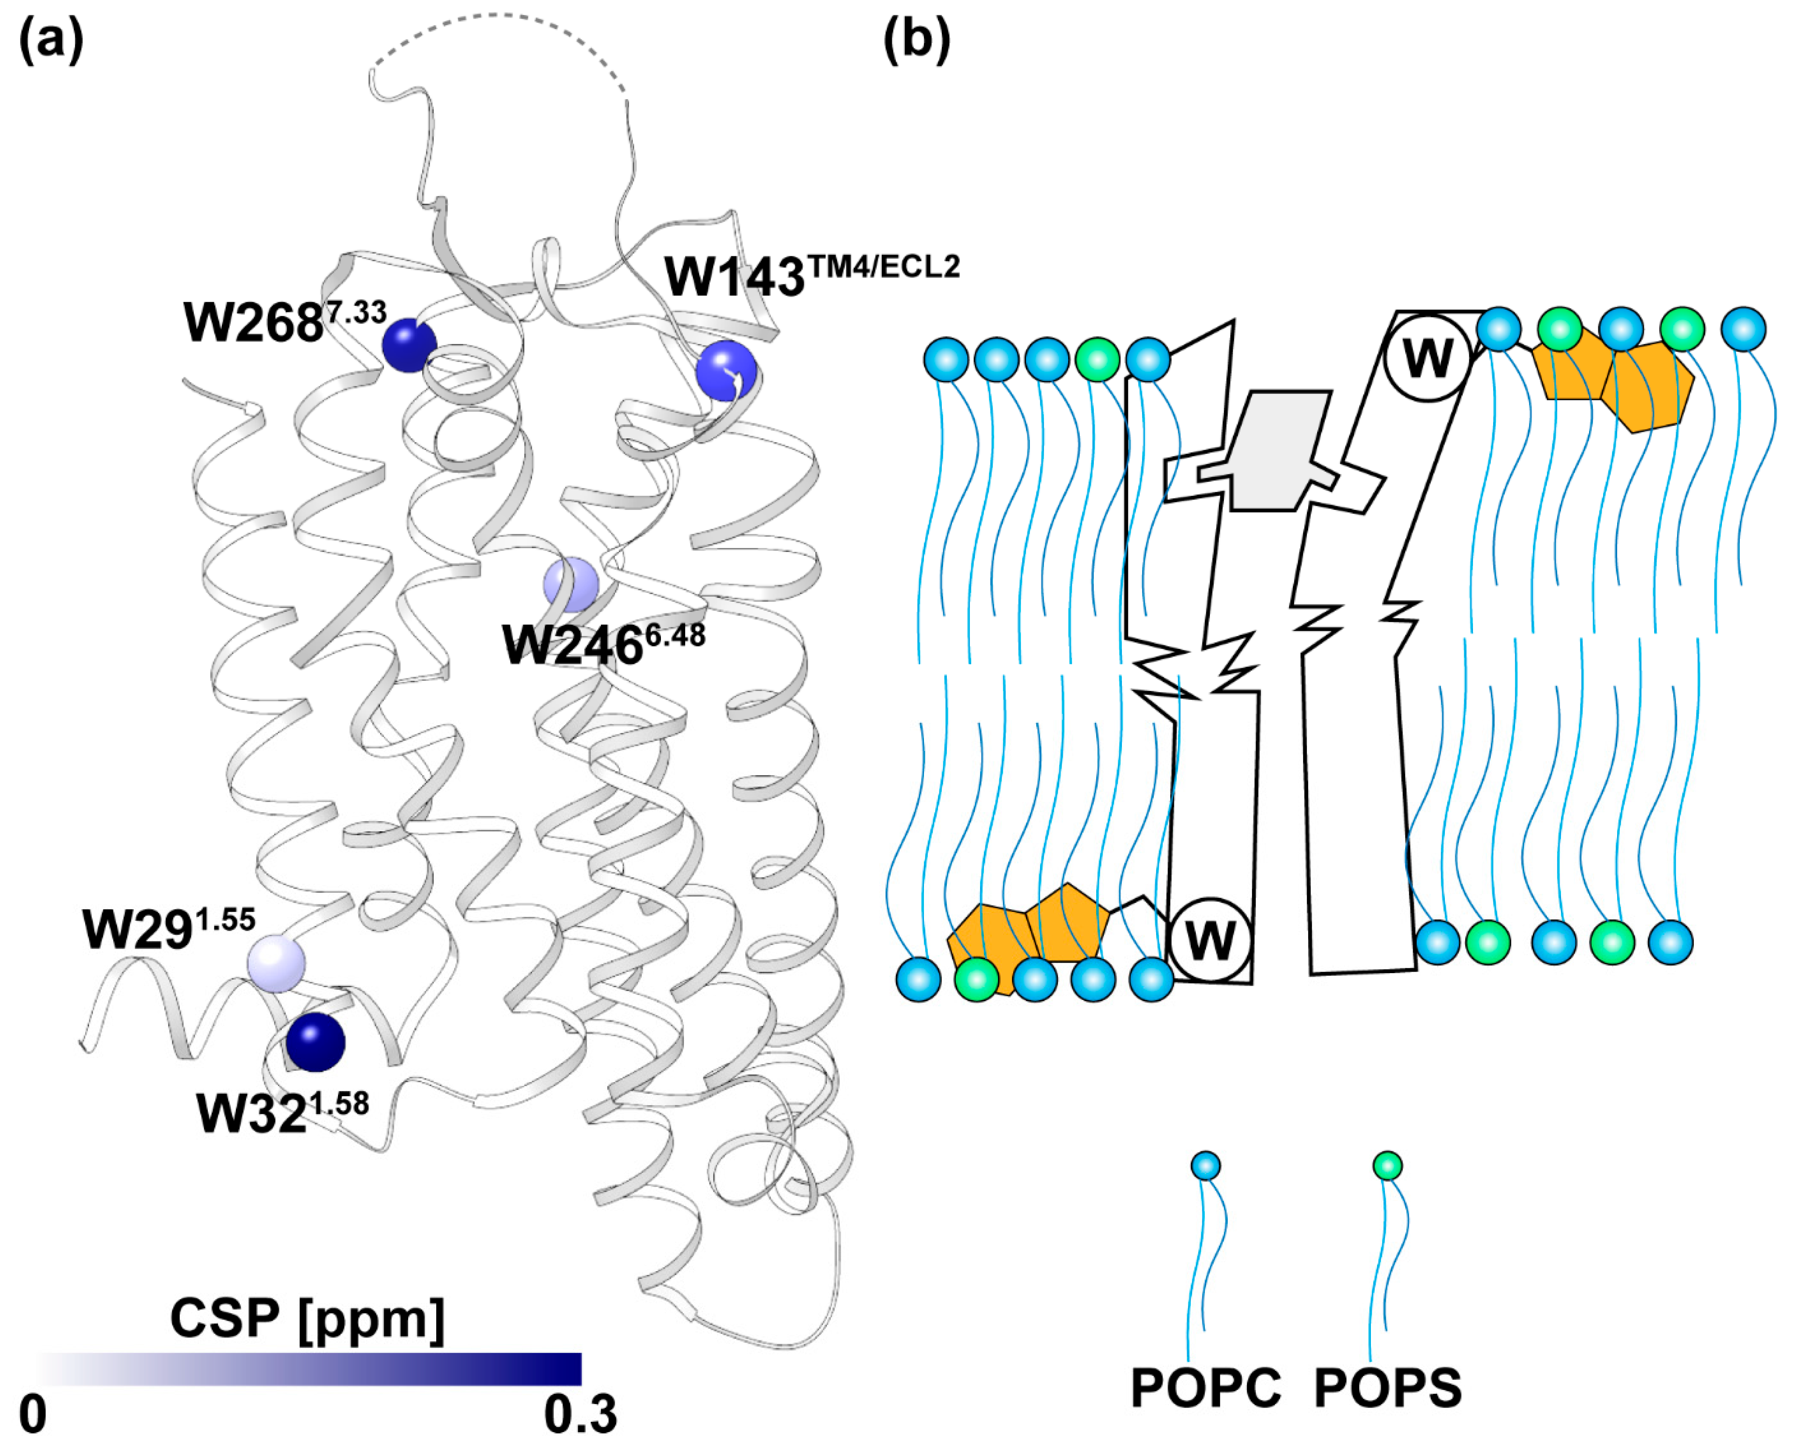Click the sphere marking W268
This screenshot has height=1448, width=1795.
click(409, 344)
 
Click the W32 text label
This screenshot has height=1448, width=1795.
click(281, 1112)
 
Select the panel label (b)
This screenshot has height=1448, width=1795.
click(916, 39)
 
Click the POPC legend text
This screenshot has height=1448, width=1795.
click(1205, 1388)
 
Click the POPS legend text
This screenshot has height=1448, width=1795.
click(1388, 1388)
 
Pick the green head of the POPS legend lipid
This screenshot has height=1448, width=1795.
click(1387, 1166)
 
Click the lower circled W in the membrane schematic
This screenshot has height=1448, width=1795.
click(1210, 940)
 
